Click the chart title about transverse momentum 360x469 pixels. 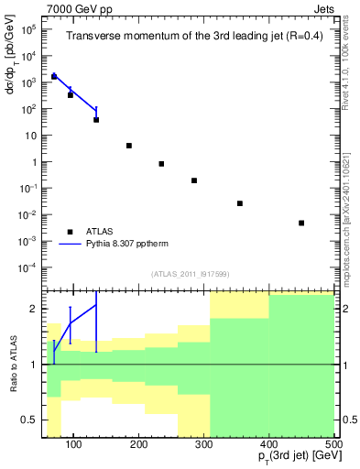[191, 37]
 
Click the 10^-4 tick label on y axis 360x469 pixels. [28, 268]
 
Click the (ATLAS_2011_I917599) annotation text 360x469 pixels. [190, 274]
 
